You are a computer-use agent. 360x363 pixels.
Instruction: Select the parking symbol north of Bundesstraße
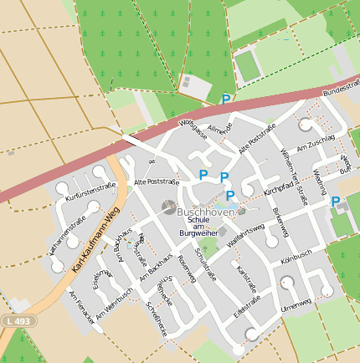point(225,100)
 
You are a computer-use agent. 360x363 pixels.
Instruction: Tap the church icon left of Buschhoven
point(168,207)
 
